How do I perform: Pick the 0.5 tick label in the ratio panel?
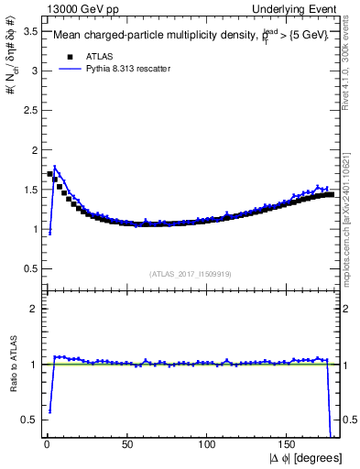pos(28,420)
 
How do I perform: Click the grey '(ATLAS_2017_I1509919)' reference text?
pos(190,274)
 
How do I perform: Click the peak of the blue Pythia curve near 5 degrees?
pos(55,168)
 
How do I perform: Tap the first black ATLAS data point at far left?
pos(50,173)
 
